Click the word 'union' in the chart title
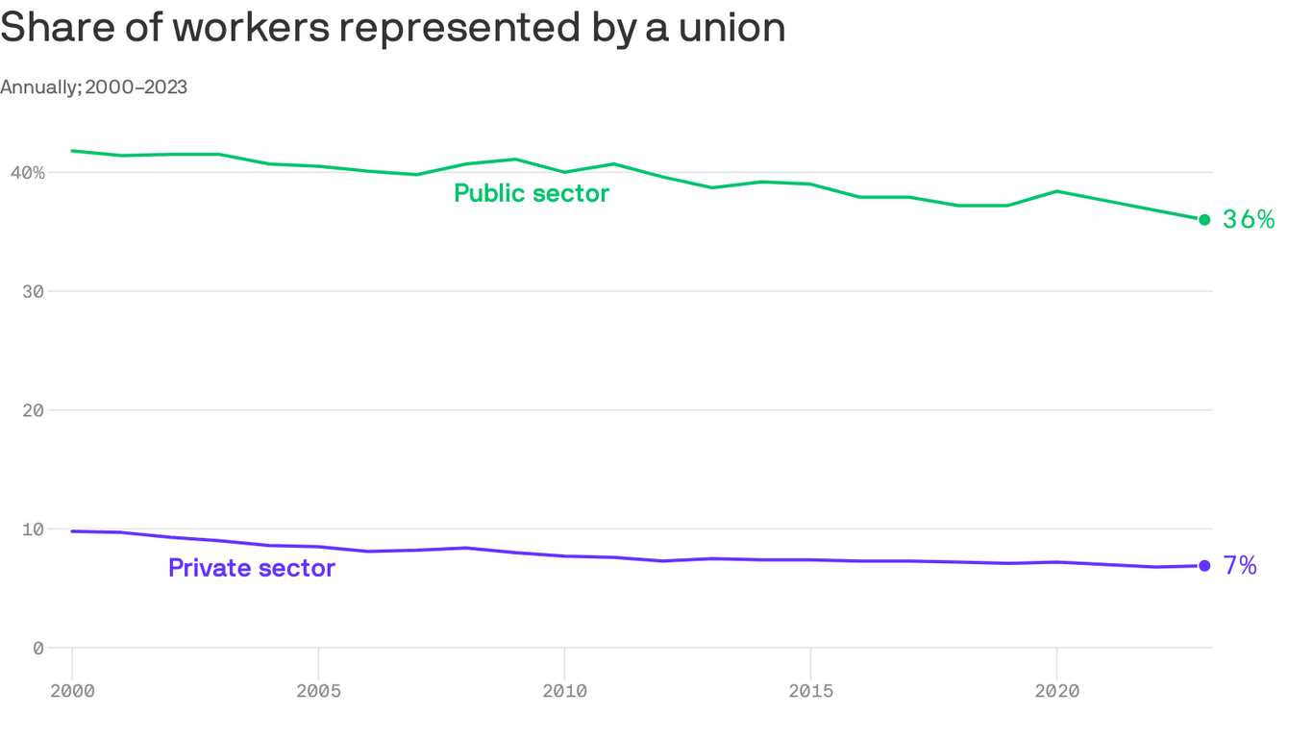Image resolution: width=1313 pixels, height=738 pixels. (731, 29)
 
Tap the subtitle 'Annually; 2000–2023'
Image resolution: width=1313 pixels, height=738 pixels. (93, 87)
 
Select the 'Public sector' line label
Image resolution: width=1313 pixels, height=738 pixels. (531, 193)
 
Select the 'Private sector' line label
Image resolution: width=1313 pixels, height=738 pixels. (251, 568)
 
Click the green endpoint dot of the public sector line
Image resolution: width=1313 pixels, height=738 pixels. (1204, 220)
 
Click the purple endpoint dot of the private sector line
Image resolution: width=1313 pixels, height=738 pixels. (1204, 566)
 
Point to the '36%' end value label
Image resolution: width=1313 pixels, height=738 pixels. (1249, 220)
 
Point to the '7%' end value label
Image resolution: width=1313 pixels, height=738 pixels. (1240, 566)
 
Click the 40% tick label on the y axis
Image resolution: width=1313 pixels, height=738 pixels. (28, 173)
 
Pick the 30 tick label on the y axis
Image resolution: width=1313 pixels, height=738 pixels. (33, 291)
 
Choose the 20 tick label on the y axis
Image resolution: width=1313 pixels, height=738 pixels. (33, 410)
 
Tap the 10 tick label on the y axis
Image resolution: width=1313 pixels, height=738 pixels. (33, 529)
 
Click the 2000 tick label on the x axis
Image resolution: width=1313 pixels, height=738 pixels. (72, 691)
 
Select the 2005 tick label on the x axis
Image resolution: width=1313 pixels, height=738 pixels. (318, 691)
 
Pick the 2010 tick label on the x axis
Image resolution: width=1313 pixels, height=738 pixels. (564, 691)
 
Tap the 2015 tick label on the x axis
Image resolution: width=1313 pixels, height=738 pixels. (810, 691)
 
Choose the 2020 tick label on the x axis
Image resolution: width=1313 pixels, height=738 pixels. (1056, 691)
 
